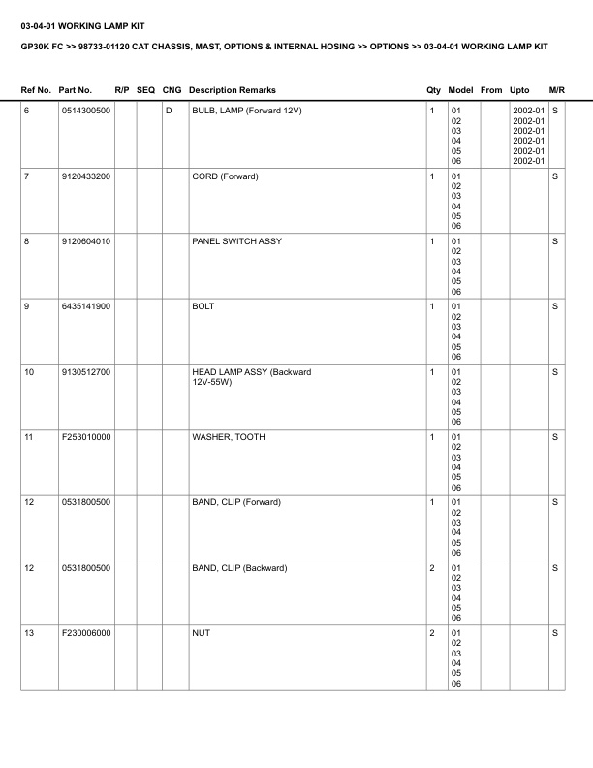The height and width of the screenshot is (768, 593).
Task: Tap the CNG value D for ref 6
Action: point(169,111)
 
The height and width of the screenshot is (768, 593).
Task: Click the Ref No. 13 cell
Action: point(29,633)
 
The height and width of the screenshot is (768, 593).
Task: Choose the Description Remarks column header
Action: point(233,90)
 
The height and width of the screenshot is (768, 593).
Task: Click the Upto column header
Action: point(519,90)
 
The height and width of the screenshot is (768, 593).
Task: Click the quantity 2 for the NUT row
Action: point(431,633)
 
